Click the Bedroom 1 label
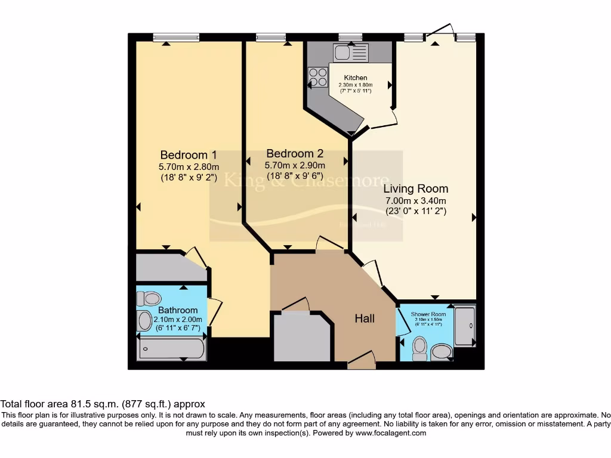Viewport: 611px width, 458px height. coord(188,155)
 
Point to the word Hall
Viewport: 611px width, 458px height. coord(365,318)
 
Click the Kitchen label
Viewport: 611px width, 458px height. coord(356,78)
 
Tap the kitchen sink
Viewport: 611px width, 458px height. coord(351,52)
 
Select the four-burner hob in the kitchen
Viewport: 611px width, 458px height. coord(318,77)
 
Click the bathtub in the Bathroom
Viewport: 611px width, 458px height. coord(171,348)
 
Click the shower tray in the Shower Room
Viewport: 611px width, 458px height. coord(465,326)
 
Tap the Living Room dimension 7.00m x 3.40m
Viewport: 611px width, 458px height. coord(416,201)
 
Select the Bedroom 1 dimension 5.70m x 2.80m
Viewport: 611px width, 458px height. coord(189,166)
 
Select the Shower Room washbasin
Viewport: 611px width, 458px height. coord(442,351)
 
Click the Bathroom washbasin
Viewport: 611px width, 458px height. coord(145,321)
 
